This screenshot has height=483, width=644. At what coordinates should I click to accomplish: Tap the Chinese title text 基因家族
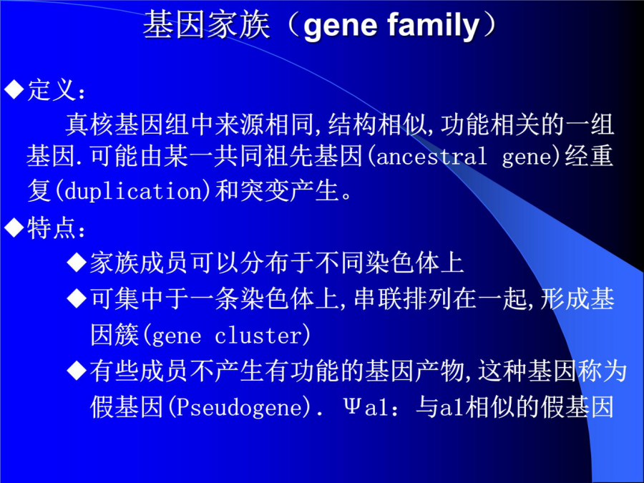click(207, 25)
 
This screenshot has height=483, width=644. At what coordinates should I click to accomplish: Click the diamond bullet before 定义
click(14, 89)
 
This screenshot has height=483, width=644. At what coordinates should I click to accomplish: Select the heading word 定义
click(52, 89)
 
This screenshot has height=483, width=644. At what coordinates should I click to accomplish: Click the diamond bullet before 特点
click(14, 228)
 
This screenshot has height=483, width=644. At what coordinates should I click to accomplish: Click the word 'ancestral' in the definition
click(431, 157)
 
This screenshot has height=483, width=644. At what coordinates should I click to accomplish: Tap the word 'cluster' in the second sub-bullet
click(259, 336)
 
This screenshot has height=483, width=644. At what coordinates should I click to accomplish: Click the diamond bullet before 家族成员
click(77, 262)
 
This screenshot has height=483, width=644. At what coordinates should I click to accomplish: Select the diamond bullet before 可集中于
click(77, 298)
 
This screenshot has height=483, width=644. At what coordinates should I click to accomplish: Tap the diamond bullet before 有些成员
click(77, 371)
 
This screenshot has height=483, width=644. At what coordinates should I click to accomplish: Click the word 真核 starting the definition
click(89, 125)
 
